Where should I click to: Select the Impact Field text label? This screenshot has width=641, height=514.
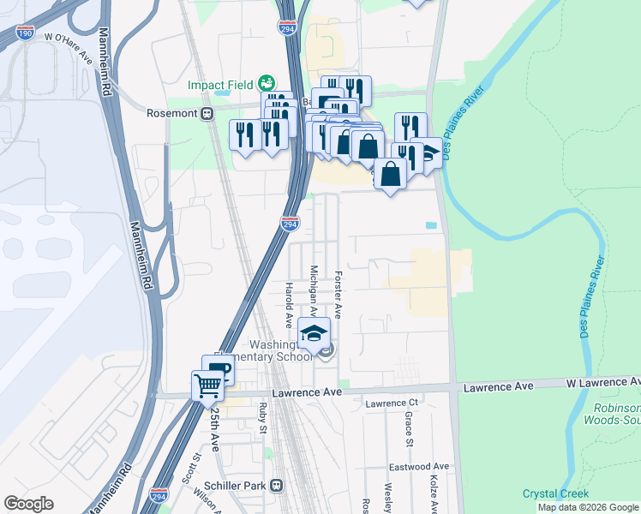(221, 85)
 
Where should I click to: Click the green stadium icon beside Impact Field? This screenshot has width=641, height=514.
(267, 83)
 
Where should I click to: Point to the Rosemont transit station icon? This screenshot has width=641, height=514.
(207, 113)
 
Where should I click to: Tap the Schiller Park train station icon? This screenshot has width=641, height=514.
(277, 485)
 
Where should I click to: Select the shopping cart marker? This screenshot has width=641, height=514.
(207, 385)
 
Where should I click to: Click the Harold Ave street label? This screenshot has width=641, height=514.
(289, 305)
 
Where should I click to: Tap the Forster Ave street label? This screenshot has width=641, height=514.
(338, 296)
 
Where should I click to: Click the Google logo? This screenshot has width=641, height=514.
(28, 504)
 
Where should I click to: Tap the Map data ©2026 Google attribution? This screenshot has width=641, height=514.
(587, 507)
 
